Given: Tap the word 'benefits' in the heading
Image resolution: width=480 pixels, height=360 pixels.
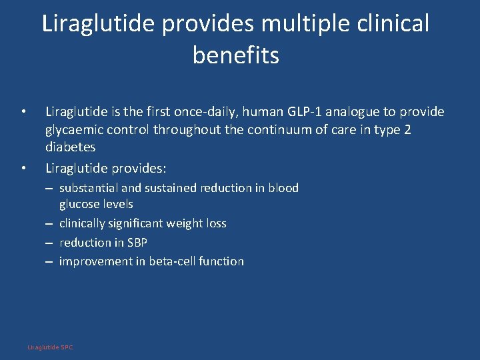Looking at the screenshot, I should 236,55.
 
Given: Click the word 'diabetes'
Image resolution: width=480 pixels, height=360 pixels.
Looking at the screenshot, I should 70,147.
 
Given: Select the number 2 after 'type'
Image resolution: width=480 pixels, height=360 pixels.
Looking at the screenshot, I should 407,129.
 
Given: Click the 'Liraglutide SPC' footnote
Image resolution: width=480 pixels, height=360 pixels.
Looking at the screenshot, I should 50,347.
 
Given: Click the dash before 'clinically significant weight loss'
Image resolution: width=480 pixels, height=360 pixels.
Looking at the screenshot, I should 49,224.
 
